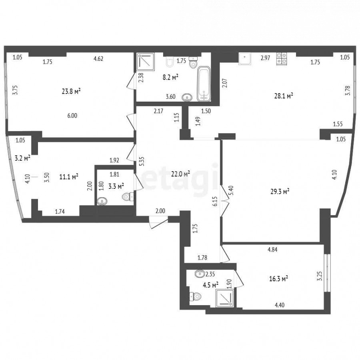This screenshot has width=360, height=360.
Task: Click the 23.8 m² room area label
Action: point(71,91)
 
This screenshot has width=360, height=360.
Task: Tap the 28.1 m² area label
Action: point(284,96)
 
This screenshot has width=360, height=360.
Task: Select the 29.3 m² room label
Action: point(280,191)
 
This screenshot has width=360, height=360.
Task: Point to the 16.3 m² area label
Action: point(278,279)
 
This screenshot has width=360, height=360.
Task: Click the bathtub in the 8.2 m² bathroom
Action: point(204,84)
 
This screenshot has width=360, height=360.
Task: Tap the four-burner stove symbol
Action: point(282,59)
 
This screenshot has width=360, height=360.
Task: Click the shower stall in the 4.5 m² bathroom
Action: point(225,298)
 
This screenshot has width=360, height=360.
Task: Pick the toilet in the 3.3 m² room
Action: point(128,197)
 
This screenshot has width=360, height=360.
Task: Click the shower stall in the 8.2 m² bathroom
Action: point(146,62)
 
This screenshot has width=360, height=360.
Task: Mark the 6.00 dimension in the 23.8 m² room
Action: point(72,116)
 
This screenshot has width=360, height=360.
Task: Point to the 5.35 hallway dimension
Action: point(142,162)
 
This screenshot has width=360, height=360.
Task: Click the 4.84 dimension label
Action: point(272,250)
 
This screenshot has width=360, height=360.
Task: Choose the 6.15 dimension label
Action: point(215,201)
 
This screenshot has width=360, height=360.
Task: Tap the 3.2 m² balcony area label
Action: point(22,158)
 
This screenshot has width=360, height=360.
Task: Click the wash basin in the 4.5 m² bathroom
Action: point(200,274)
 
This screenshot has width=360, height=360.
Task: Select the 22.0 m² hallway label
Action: point(180,174)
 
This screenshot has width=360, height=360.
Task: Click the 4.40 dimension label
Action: point(280,305)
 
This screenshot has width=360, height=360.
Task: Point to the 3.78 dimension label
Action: point(348,90)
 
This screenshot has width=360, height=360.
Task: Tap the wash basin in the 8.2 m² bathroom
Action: point(187,98)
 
